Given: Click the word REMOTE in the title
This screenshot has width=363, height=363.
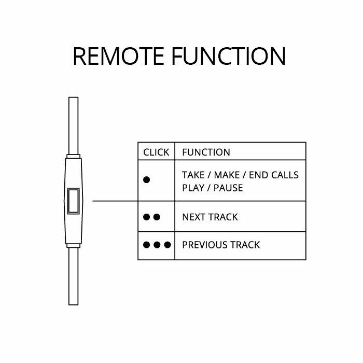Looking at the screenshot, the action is (119, 56).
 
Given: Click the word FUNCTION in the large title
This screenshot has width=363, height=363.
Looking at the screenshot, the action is (229, 56).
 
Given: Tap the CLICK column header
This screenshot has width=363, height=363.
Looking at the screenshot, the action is (156, 152).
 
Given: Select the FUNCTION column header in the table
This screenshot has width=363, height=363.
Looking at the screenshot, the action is (206, 152).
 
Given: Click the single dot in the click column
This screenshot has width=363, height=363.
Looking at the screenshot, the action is (147, 179).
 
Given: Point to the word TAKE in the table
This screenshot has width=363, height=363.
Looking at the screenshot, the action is (193, 175).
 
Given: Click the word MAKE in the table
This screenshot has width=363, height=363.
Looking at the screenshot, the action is (227, 175).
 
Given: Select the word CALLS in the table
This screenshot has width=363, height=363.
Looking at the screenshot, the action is (285, 175).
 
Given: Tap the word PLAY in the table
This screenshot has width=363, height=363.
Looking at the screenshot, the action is (193, 188).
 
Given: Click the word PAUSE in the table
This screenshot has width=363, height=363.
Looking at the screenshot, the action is (228, 188).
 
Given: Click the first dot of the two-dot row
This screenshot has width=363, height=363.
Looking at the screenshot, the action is (147, 217).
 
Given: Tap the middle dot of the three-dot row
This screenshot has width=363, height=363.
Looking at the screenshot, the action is (157, 245).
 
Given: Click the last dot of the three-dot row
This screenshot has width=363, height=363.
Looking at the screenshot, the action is (167, 245).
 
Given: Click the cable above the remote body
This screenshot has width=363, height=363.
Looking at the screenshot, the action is (74, 125).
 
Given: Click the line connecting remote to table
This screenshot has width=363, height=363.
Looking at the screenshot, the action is (115, 201).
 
